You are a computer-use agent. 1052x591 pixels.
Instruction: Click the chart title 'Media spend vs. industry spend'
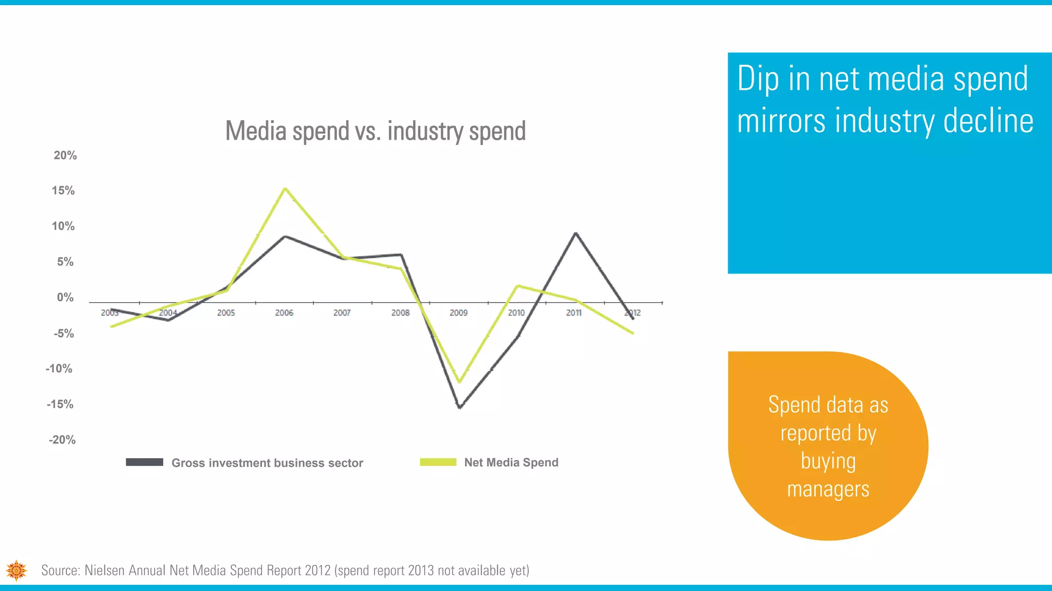[375, 131]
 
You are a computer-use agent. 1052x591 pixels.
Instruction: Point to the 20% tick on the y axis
[65, 155]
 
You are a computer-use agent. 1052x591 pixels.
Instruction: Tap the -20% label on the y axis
[62, 440]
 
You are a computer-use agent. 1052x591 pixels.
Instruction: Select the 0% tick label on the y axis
[65, 298]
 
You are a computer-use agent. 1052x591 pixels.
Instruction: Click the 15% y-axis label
[63, 191]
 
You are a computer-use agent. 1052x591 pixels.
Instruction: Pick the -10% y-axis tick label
[59, 369]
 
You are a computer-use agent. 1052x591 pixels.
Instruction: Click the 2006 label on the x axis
[284, 313]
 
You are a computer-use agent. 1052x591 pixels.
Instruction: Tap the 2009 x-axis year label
[459, 313]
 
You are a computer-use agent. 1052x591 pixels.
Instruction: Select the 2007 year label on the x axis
[342, 313]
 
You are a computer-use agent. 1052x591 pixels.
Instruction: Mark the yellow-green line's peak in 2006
[285, 188]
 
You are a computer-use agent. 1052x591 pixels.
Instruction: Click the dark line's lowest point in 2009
[460, 407]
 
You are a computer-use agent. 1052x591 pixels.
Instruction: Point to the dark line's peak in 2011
[576, 233]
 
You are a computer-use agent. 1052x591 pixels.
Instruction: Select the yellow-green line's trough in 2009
[459, 382]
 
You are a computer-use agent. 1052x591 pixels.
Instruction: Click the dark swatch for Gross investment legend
[144, 462]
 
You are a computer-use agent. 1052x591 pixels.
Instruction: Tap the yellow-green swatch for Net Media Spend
[438, 462]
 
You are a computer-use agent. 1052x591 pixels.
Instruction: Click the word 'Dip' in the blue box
[758, 80]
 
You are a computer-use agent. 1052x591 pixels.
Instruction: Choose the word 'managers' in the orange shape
[828, 489]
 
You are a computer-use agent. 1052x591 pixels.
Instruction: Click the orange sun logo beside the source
[16, 570]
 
